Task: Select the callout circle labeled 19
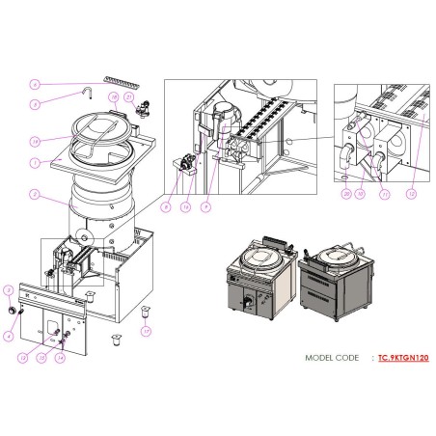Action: [x=35, y=140]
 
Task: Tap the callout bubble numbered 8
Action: [x=166, y=206]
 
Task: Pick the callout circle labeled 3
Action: [x=9, y=289]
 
